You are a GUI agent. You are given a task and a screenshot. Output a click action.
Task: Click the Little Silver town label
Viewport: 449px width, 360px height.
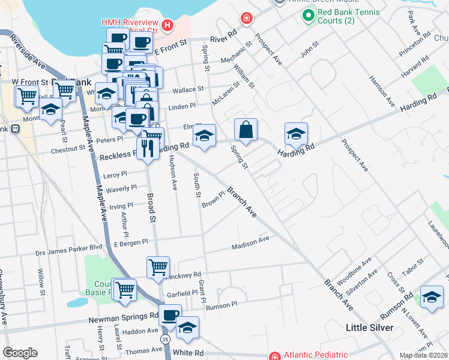pos(370,328)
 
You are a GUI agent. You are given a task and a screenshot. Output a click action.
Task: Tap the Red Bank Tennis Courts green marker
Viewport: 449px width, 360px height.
pos(309,16)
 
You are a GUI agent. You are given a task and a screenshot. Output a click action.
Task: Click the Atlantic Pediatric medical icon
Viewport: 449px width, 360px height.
pos(275,355)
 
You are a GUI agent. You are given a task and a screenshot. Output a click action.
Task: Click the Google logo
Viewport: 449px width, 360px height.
pos(20,353)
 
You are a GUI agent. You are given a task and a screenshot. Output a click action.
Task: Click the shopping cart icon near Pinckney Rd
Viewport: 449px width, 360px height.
pos(158,266)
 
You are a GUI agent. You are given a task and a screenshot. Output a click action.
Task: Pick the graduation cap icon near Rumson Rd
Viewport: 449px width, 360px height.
pos(431,298)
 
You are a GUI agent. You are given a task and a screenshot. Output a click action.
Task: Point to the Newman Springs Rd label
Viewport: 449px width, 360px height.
pos(124,317)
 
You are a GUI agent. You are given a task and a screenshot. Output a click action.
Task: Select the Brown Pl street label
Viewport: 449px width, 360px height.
pos(212,198)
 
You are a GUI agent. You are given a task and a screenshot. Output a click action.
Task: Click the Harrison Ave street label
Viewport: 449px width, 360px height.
pos(381,88)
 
